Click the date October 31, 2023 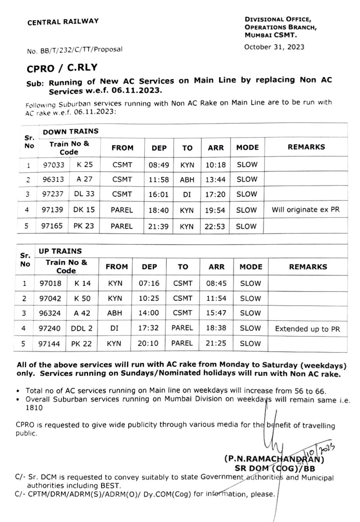pyautogui.click(x=274, y=47)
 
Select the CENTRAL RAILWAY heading pyautogui.click(x=63, y=22)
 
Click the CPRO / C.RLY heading pyautogui.click(x=62, y=68)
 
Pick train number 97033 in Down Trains pyautogui.click(x=53, y=165)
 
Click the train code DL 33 pyautogui.click(x=84, y=194)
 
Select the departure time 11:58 pyautogui.click(x=158, y=179)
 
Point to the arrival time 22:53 pyautogui.click(x=215, y=226)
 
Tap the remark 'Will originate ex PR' pyautogui.click(x=305, y=209)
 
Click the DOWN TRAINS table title pyautogui.click(x=71, y=131)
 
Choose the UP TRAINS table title pyautogui.click(x=60, y=251)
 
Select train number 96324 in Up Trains pyautogui.click(x=50, y=313)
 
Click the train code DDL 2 pyautogui.click(x=82, y=328)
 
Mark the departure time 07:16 pyautogui.click(x=149, y=284)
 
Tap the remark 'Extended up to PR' pyautogui.click(x=307, y=329)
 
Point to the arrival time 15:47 pyautogui.click(x=216, y=313)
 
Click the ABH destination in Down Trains pyautogui.click(x=187, y=180)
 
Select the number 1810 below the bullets pyautogui.click(x=34, y=408)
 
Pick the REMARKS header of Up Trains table pyautogui.click(x=308, y=267)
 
